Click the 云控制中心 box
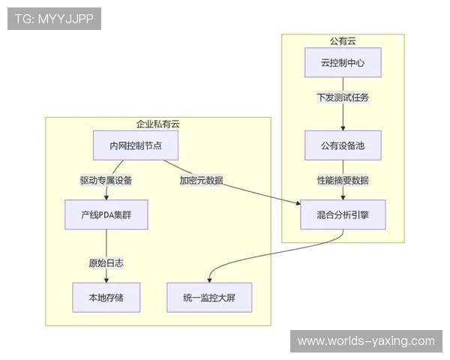[x=343, y=63]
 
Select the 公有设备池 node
[x=343, y=145]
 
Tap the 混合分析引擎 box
[x=343, y=214]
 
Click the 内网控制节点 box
[x=135, y=145]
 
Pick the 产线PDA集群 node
[x=106, y=214]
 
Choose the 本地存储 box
[x=106, y=297]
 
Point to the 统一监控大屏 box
[x=208, y=297]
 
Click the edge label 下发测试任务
[x=343, y=97]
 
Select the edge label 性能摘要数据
[x=343, y=180]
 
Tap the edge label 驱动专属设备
[x=106, y=180]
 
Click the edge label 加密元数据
[x=200, y=180]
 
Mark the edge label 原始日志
[x=106, y=262]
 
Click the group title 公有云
[x=343, y=41]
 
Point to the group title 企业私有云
[x=157, y=124]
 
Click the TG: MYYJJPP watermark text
[x=54, y=19]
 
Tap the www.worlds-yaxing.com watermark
[x=366, y=341]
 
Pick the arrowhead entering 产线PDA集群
[x=106, y=197]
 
